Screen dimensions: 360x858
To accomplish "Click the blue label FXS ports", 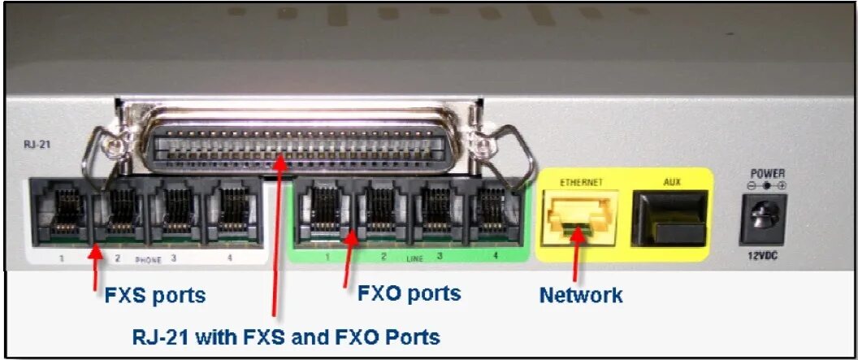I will pyautogui.click(x=155, y=295).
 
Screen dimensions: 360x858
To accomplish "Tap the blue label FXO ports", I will pyautogui.click(x=409, y=293).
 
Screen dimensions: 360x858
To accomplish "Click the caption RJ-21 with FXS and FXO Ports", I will pyautogui.click(x=286, y=335).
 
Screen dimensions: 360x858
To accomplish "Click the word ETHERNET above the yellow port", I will pyautogui.click(x=580, y=183).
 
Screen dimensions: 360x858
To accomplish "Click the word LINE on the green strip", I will pyautogui.click(x=414, y=258).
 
